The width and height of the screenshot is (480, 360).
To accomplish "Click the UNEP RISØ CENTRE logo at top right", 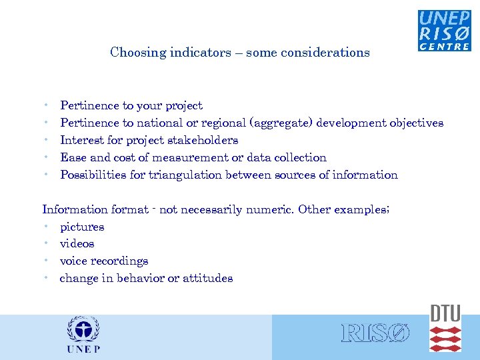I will pos(444,30).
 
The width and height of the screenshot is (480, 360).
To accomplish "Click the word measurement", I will pos(190,158).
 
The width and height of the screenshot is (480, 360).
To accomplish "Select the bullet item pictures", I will pos(82,227).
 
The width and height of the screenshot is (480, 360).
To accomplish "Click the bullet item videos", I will pos(77,244).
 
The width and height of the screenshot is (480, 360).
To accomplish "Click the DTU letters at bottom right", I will pos(445,313).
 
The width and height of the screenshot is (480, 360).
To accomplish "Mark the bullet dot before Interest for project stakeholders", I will pos(44,141).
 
